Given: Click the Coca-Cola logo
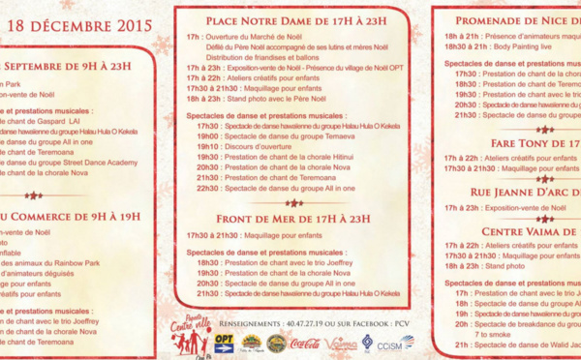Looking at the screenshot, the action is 306,344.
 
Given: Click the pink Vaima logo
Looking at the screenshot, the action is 342,344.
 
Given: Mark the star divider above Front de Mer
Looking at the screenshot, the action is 293,204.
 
